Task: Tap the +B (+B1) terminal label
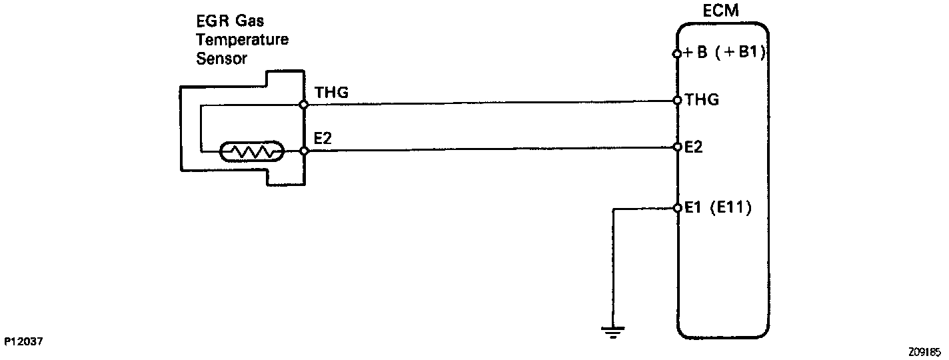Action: (724, 54)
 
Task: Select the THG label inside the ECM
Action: (701, 101)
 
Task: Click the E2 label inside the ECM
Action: (694, 147)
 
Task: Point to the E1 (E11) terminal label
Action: (717, 208)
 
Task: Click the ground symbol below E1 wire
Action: (611, 329)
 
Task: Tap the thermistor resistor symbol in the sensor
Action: (253, 152)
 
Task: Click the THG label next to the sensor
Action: (331, 93)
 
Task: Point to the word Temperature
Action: (243, 40)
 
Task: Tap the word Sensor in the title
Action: (222, 59)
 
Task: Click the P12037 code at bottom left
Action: (23, 341)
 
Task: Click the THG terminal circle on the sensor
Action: (303, 105)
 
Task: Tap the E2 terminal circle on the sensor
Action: (304, 151)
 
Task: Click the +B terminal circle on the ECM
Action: (677, 55)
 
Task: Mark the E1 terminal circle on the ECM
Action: (677, 208)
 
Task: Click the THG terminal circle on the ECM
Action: (677, 101)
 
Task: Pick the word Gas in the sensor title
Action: (266, 21)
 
